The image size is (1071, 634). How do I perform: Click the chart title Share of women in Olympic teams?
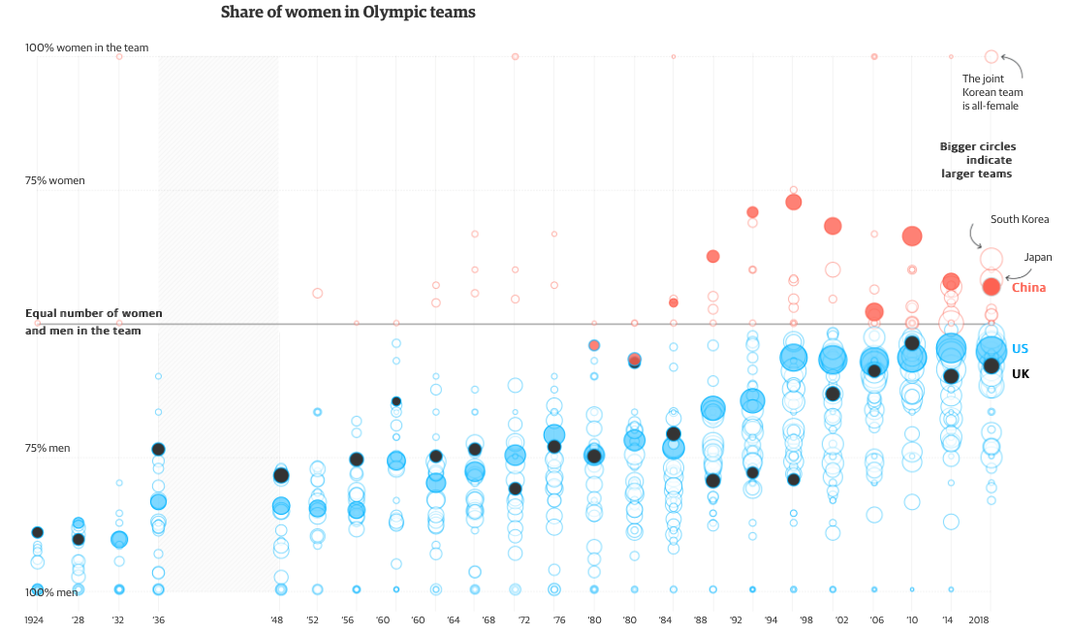tap(348, 13)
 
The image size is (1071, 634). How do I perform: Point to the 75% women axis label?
tap(55, 181)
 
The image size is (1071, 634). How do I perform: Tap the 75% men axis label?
tap(48, 449)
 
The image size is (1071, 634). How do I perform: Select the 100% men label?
tap(51, 592)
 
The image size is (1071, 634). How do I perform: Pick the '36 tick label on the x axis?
tap(157, 620)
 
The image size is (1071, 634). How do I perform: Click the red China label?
tap(1028, 288)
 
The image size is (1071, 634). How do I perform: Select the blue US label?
tap(1020, 349)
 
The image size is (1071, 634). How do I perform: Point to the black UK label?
tap(1021, 374)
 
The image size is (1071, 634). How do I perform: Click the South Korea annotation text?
tap(1020, 220)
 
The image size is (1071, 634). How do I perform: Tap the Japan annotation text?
tap(1038, 258)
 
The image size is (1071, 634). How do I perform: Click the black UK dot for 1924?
tap(37, 532)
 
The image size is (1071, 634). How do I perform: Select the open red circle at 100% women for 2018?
tap(991, 57)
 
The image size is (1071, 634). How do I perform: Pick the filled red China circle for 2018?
tap(992, 286)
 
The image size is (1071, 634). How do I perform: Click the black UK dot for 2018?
tap(992, 365)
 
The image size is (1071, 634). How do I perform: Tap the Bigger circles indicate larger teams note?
tap(977, 160)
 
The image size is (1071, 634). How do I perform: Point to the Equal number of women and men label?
tap(93, 323)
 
